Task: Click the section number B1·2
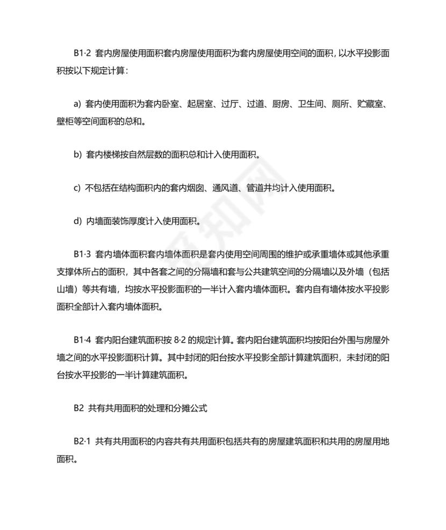pos(83,54)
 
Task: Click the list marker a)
pos(77,104)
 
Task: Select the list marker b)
pos(77,154)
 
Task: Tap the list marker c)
pos(77,188)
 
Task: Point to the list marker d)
pos(77,221)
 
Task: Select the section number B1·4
pos(83,341)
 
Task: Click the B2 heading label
pos(79,408)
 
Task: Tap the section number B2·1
pos(83,442)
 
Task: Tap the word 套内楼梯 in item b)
pos(105,154)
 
